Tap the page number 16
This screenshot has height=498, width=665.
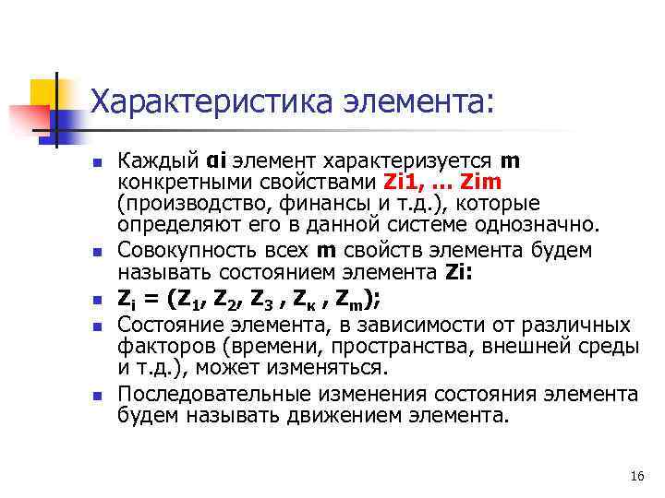coord(635,476)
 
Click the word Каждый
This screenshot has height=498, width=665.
coord(156,161)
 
